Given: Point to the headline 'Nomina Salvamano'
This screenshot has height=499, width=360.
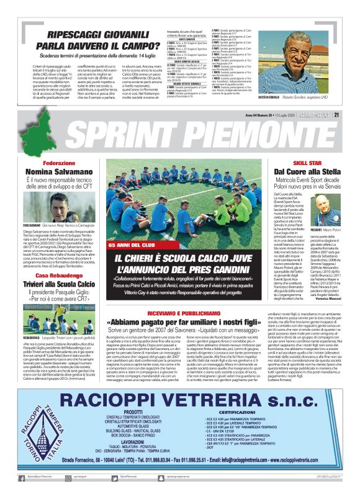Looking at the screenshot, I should [x=60, y=171].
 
